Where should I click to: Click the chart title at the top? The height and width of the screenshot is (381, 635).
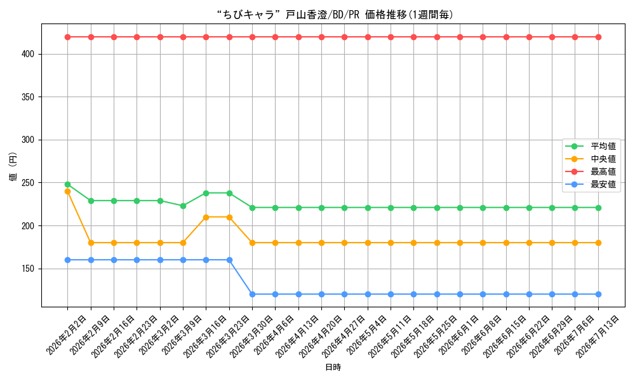(x=335, y=15)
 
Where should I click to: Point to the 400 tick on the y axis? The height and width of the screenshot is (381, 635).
(x=28, y=54)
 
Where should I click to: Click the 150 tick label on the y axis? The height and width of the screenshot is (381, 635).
(x=28, y=269)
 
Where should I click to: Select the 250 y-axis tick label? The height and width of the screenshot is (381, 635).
(x=28, y=183)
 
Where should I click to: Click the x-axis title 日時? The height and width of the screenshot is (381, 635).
(x=333, y=367)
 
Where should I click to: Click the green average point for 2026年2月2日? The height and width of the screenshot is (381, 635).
(x=68, y=185)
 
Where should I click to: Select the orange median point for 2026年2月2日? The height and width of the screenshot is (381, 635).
(x=68, y=192)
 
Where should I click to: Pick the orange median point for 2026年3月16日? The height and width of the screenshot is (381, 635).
(x=206, y=217)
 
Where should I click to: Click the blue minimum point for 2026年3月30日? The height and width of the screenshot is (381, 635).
(x=252, y=295)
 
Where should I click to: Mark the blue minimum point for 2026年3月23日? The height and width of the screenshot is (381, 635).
(x=229, y=260)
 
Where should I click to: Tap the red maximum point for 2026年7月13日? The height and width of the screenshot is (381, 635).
(x=598, y=37)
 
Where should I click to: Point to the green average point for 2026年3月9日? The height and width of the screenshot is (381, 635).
(x=183, y=206)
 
